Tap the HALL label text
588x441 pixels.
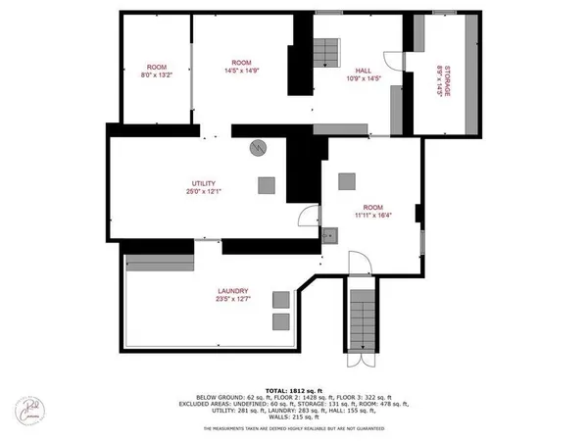click(x=362, y=70)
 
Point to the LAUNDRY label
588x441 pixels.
click(x=232, y=290)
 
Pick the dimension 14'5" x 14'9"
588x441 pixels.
click(x=241, y=71)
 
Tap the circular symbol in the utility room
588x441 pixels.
click(x=258, y=148)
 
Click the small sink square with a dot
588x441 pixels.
click(x=329, y=235)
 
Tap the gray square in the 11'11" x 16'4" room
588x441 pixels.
click(x=346, y=180)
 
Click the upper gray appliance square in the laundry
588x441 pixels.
click(x=281, y=299)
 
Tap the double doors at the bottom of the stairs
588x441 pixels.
click(x=362, y=359)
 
